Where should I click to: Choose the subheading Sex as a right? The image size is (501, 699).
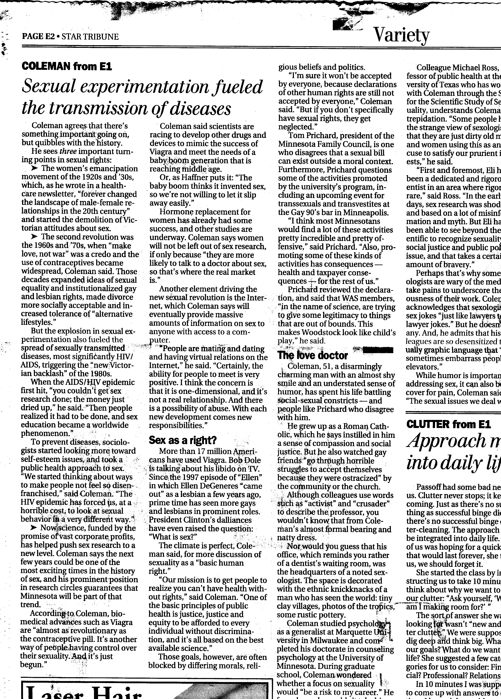click(x=183, y=440)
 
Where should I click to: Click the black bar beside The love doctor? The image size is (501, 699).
click(x=378, y=350)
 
